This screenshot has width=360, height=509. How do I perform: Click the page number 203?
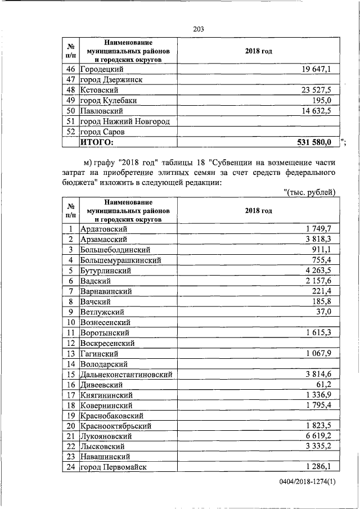(197, 29)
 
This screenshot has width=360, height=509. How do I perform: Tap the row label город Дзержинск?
(111, 80)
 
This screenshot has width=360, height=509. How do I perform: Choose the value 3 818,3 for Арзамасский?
(321, 239)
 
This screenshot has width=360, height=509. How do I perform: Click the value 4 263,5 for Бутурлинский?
(321, 271)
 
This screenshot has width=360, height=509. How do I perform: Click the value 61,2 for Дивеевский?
(327, 385)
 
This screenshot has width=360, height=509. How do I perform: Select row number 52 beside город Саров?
(71, 132)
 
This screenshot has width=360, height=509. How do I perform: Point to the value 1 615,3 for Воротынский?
(321, 333)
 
